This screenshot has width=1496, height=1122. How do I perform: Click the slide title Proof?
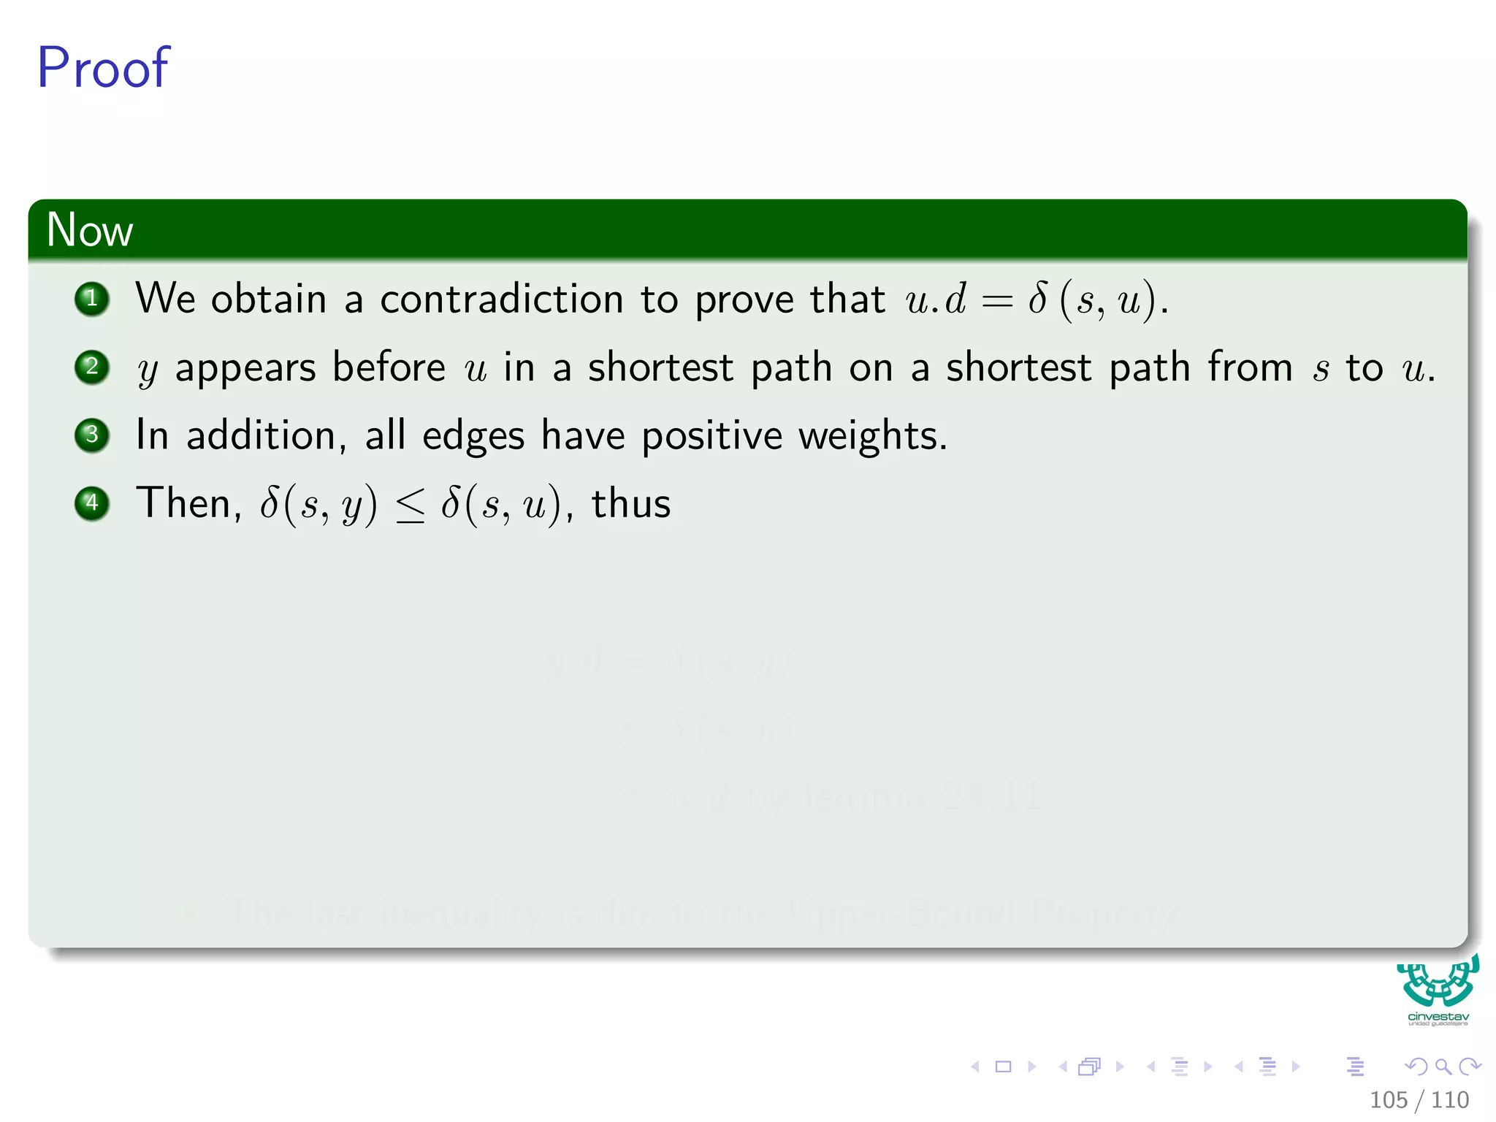pos(103,68)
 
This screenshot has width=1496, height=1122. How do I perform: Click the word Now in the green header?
pos(89,229)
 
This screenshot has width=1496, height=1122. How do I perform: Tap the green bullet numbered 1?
pos(92,299)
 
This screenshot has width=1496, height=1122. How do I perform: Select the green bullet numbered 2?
pos(92,367)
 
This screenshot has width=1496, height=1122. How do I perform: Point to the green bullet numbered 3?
pos(92,435)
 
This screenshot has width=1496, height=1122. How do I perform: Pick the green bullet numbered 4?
pos(92,503)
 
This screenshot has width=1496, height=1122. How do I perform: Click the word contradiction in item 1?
pos(501,299)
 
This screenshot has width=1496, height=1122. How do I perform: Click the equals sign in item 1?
pos(997,300)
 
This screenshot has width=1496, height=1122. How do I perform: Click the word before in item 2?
pos(389,367)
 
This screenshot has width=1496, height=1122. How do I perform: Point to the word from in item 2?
pos(1249,367)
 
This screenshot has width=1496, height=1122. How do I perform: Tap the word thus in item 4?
pos(630,504)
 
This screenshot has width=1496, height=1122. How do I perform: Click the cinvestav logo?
pos(1438,990)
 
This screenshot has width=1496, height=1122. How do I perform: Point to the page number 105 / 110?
pos(1419,1099)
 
